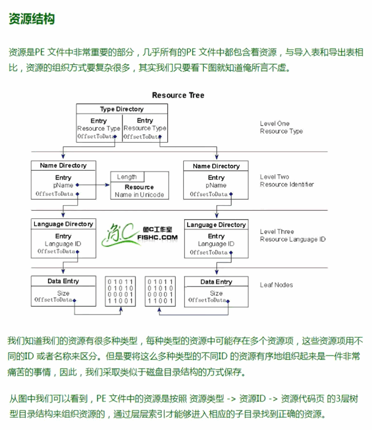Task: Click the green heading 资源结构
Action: click(x=32, y=19)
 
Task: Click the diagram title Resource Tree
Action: click(x=178, y=95)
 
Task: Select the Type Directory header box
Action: click(x=122, y=109)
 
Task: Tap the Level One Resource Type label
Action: click(x=281, y=127)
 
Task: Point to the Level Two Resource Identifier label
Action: click(x=286, y=180)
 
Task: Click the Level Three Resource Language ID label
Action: click(x=292, y=235)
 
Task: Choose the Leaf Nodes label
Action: click(x=276, y=285)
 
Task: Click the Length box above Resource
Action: click(x=127, y=177)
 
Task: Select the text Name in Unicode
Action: click(x=139, y=195)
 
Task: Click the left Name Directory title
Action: click(x=63, y=166)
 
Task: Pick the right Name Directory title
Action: click(x=216, y=166)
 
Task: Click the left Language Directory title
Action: click(x=63, y=224)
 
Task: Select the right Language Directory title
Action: click(x=216, y=225)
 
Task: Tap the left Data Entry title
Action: click(x=63, y=281)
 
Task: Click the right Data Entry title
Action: click(x=216, y=282)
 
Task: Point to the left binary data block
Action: click(x=120, y=291)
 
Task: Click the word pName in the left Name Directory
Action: click(x=63, y=185)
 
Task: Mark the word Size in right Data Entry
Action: click(x=216, y=293)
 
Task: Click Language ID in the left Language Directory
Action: click(x=63, y=244)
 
